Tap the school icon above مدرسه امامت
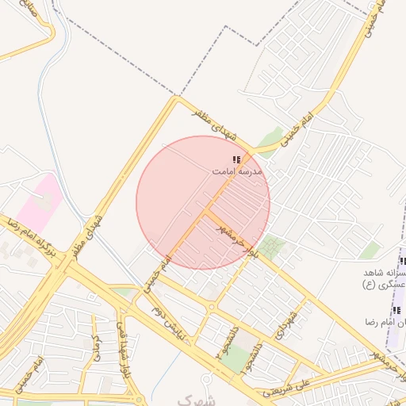(236, 160)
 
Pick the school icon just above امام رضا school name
(396, 309)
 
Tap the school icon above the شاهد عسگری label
(402, 262)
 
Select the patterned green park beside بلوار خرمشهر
(272, 247)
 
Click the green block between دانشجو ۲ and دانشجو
(232, 358)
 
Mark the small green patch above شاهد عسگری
(370, 251)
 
